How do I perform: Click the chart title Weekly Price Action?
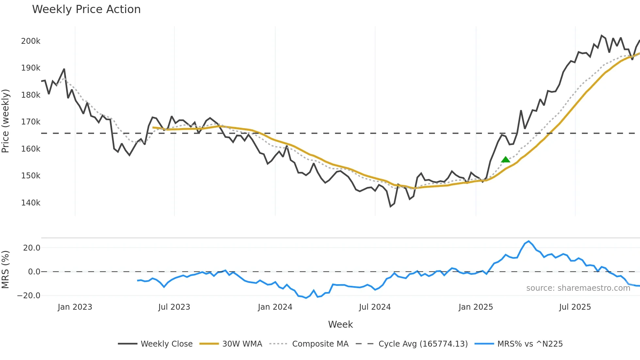tap(86, 9)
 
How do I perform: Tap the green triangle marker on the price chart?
tap(505, 160)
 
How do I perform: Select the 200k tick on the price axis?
tap(31, 41)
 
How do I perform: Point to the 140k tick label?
tap(31, 203)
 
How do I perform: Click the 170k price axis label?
tap(31, 122)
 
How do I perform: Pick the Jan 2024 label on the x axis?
tap(275, 307)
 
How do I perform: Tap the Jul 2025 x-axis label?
tap(575, 307)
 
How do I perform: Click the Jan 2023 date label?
tap(75, 307)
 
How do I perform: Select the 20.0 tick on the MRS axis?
tap(32, 248)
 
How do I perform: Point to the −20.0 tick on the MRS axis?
tap(29, 296)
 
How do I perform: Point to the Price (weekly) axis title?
tap(6, 121)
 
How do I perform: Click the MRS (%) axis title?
tap(6, 270)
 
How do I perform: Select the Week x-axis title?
tap(340, 324)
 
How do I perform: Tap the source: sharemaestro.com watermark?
tap(578, 288)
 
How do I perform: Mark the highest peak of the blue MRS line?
tap(529, 241)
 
